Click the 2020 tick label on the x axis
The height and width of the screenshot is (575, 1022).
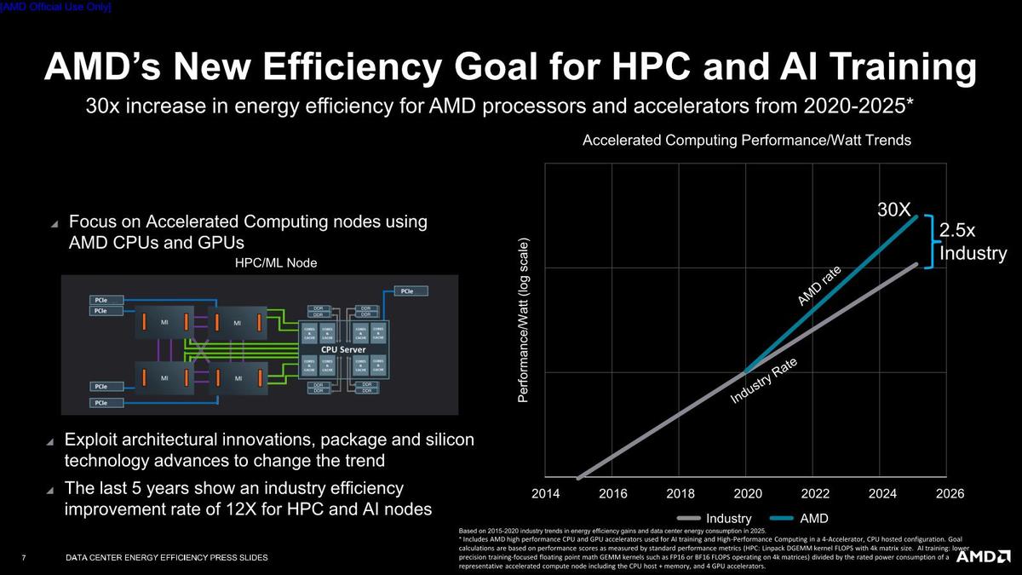(x=747, y=494)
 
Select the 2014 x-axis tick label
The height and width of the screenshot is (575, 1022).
(x=545, y=494)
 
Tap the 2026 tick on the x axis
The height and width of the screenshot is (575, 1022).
(x=950, y=494)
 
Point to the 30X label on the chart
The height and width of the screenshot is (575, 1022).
(x=894, y=209)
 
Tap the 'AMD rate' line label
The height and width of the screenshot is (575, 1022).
(x=819, y=285)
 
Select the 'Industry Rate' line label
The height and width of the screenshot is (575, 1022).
(x=763, y=380)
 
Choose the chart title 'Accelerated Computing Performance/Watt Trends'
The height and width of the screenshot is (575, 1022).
(x=747, y=141)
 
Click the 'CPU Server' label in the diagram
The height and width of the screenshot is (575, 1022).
(x=342, y=350)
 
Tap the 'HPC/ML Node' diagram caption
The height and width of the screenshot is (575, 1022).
(x=275, y=263)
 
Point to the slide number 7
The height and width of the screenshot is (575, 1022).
(x=23, y=558)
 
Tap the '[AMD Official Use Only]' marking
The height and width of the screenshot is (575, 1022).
(x=56, y=7)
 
